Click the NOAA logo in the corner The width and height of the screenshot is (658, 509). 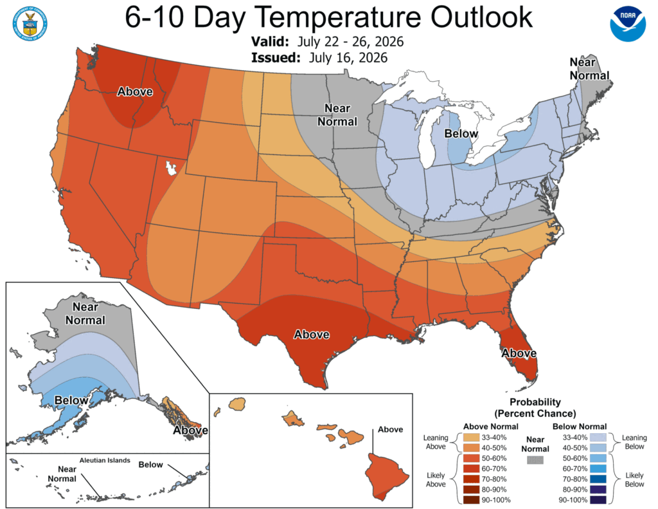click(628, 24)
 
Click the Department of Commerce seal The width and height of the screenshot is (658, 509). click(30, 24)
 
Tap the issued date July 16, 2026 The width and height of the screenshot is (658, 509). click(348, 57)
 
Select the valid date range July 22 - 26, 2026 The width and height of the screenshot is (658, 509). click(350, 42)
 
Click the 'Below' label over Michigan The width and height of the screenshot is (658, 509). click(461, 134)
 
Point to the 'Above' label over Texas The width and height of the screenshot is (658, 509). click(312, 335)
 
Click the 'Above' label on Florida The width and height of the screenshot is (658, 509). click(519, 353)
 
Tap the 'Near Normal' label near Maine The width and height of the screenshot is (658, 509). click(589, 69)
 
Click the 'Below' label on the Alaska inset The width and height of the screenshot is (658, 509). click(71, 400)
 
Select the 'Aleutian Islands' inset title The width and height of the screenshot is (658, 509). click(105, 460)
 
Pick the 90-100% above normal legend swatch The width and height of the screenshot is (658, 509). click(471, 500)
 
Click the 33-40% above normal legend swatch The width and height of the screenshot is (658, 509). click(471, 437)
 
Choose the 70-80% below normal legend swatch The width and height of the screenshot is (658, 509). click(598, 479)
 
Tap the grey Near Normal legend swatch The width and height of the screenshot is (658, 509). click(535, 460)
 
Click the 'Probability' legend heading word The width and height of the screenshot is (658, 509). click(535, 402)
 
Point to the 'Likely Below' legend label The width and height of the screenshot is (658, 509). click(634, 479)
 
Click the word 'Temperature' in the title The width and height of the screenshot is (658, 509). click(338, 17)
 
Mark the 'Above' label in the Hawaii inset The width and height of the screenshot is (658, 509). click(390, 429)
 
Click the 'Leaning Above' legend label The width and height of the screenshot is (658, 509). click(436, 442)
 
